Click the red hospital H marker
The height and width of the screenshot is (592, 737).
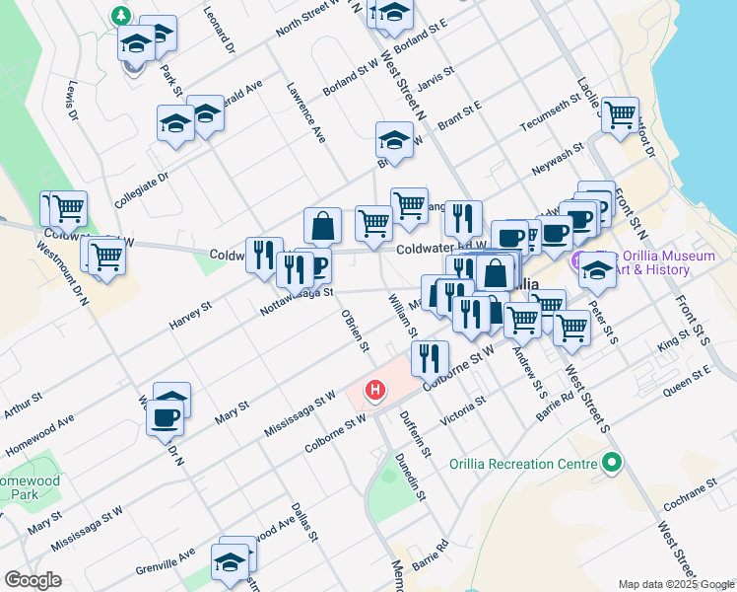[x=374, y=392]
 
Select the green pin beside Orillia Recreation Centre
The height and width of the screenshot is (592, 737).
[x=612, y=462]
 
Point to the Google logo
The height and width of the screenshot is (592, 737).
[x=33, y=580]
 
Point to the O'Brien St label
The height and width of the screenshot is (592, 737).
[x=355, y=331]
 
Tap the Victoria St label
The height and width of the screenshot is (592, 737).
[x=463, y=409]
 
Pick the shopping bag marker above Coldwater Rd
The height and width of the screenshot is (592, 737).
[x=322, y=225]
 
